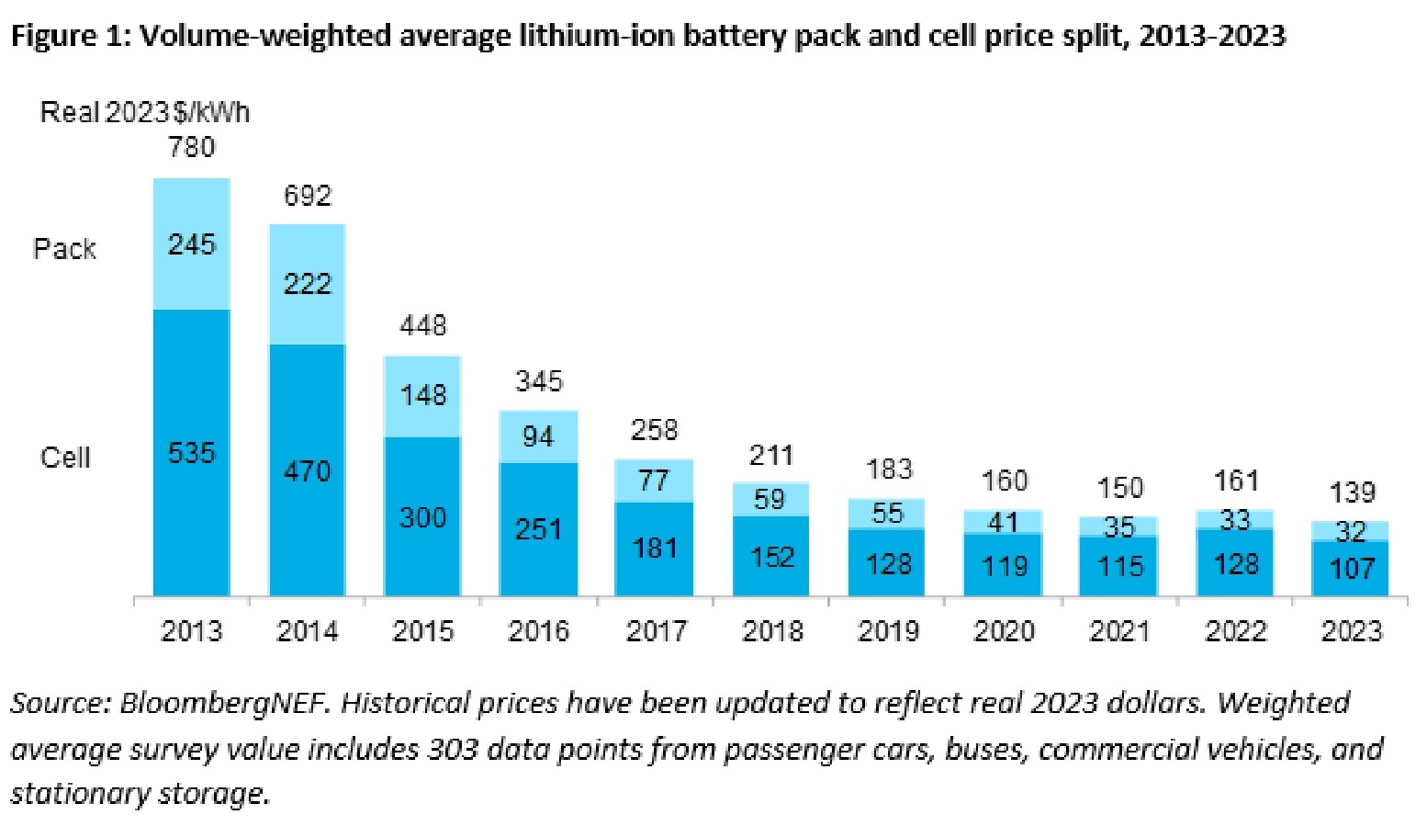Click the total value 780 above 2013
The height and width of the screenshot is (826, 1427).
192,147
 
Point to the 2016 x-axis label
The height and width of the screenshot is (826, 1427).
538,631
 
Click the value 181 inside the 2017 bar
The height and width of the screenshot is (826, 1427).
654,549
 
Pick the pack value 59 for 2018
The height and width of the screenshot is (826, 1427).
770,499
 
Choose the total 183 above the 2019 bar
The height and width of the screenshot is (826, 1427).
889,470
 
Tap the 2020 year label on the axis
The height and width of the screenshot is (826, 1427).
1004,631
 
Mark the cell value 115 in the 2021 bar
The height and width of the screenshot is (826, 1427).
1119,566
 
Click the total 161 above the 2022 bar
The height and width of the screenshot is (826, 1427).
1236,481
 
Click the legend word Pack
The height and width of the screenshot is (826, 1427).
64,249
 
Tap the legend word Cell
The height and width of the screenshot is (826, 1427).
65,458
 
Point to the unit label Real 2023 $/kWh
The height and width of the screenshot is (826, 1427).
144,113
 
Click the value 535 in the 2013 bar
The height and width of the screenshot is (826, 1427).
191,453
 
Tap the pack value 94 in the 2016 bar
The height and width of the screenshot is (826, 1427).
538,436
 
